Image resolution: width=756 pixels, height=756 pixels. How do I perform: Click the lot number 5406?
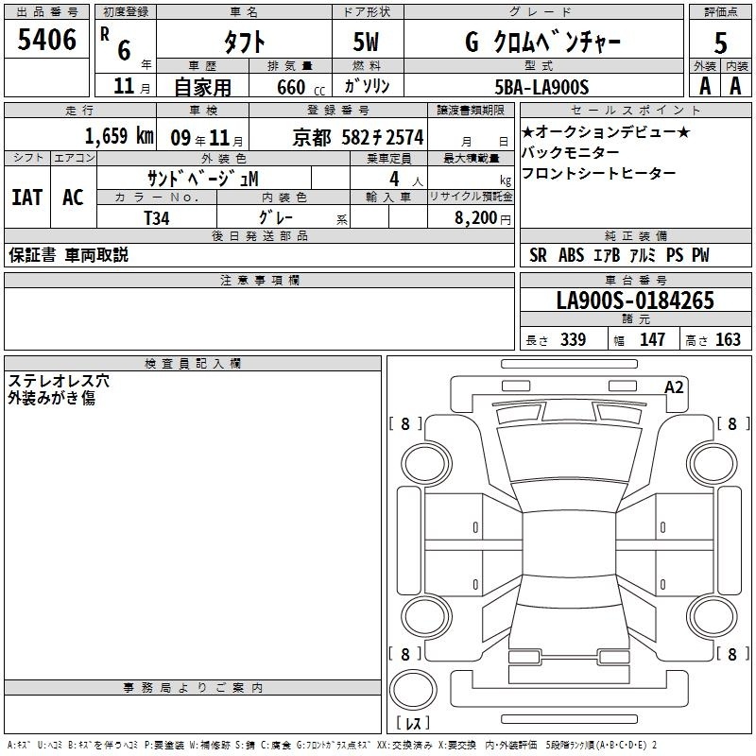pos(46,40)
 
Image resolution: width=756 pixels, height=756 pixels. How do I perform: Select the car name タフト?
pos(244,42)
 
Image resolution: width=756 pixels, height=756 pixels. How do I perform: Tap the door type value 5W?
pos(366,42)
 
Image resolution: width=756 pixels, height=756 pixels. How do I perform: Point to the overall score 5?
pos(720,43)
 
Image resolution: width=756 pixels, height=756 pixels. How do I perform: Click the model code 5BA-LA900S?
pos(541,87)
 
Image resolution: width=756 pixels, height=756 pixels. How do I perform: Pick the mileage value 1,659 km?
pos(119,136)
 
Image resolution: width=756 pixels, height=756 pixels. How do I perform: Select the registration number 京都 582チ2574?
pos(358,138)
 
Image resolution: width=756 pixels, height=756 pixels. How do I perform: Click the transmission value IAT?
pos(27,198)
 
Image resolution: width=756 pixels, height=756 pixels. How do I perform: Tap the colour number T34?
pos(157,218)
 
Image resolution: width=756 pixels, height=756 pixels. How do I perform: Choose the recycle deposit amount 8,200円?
pos(483,218)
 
